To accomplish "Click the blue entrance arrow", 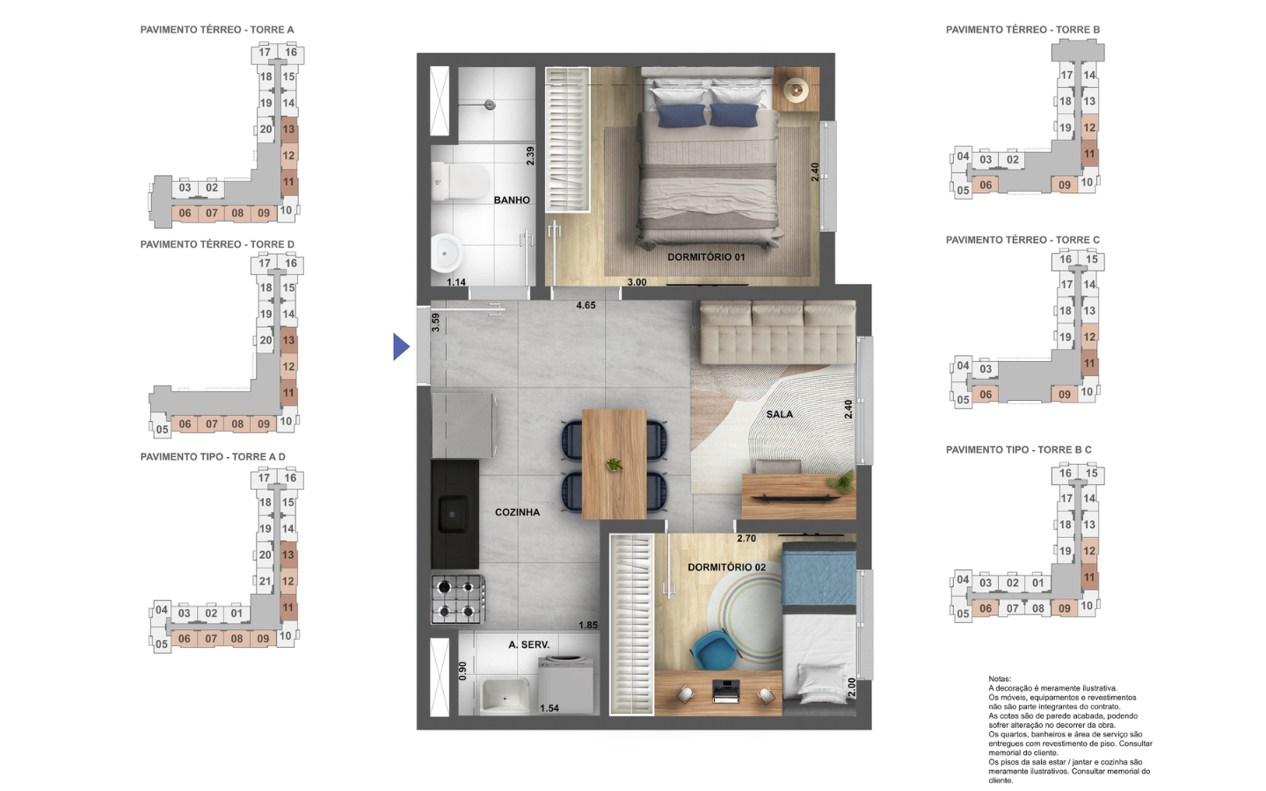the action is pos(401,346).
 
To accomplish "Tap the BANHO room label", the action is pos(512,200).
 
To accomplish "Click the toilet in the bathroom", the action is pos(460,181).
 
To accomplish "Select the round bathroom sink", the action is pos(447,253).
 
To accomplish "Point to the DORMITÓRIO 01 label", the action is pos(706,257).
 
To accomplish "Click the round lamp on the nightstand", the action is pos(797,90).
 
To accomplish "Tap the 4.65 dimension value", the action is pos(586,305).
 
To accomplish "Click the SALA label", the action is pos(779,414).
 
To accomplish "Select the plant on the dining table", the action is pos(614,465).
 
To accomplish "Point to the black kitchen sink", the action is pos(453,514).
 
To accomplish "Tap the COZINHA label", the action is pos(517,512).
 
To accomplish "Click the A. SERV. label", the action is pos(529,645).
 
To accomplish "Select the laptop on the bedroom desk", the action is pos(726,691).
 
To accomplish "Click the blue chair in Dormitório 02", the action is pos(713,650).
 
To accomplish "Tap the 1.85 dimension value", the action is pos(588,625).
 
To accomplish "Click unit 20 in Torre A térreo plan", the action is pos(266,129).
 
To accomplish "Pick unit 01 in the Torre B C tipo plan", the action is pos(1037,583).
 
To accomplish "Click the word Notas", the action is pos(1000,679).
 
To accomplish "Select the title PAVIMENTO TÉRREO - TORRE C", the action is pos(1022,240).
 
